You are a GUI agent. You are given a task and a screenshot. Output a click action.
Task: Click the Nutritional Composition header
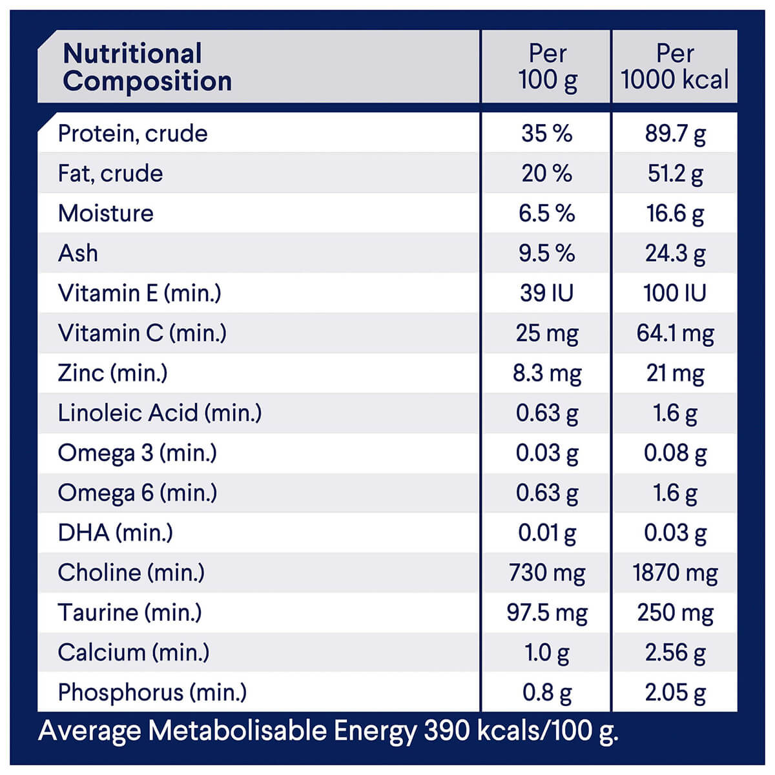[147, 67]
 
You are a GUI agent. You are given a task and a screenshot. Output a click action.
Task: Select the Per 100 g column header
[547, 67]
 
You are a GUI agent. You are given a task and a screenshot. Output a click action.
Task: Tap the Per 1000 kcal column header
[674, 67]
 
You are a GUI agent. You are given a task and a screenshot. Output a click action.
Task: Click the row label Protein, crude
[133, 134]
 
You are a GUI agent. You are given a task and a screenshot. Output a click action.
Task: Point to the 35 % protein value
[546, 134]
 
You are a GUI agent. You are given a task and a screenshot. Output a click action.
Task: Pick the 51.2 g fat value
[675, 174]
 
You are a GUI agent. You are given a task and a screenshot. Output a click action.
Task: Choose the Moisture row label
[106, 214]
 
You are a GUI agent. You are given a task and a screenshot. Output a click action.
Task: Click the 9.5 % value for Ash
[546, 253]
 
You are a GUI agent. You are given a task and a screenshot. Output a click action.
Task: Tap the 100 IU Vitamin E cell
[675, 293]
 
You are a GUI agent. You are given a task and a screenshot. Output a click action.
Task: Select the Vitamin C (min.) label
[142, 333]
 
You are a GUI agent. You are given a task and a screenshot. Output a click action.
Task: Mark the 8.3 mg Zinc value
[547, 373]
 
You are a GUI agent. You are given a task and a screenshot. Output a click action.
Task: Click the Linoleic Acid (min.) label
[160, 413]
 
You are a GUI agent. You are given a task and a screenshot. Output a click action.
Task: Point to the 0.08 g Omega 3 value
[675, 453]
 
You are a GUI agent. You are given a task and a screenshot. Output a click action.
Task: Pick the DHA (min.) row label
[116, 533]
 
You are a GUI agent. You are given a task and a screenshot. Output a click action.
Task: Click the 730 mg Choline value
[547, 573]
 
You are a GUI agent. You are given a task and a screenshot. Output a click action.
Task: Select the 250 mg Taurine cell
[675, 613]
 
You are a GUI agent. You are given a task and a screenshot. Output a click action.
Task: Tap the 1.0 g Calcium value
[547, 653]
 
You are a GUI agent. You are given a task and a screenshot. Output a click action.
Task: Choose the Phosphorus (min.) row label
[152, 692]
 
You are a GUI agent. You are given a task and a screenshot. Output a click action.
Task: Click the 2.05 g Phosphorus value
[675, 693]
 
